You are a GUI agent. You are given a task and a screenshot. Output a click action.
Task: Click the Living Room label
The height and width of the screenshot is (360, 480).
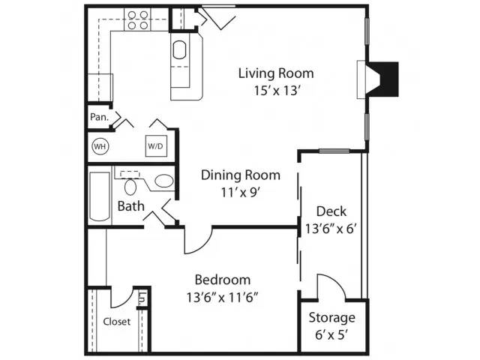click(276, 73)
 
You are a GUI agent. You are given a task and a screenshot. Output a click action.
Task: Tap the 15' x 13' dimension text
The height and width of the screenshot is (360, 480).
click(276, 91)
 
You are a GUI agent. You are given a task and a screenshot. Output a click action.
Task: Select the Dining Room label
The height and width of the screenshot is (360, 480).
click(241, 175)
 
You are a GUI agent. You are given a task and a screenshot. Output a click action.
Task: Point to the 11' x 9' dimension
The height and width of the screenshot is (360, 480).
click(241, 193)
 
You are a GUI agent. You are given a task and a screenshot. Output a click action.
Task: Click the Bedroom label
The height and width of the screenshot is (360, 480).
click(223, 280)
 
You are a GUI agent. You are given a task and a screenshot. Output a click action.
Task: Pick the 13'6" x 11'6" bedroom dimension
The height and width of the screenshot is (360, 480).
click(223, 297)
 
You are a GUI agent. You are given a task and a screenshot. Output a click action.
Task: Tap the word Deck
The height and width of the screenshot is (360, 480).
click(331, 211)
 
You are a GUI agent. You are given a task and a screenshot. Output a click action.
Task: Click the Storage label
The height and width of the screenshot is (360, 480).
click(331, 318)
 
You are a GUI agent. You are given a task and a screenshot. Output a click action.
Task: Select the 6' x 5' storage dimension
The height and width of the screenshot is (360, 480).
click(331, 335)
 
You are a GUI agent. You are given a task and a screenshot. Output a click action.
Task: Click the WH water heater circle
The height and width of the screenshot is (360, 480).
click(100, 146)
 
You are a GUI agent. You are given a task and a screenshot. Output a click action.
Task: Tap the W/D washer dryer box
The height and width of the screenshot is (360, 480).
click(156, 146)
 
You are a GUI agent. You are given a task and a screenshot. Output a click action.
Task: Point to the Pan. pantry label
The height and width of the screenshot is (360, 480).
click(99, 117)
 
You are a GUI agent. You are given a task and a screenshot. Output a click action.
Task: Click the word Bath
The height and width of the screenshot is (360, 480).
click(130, 206)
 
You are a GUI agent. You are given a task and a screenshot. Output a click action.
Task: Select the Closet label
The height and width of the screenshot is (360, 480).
click(117, 322)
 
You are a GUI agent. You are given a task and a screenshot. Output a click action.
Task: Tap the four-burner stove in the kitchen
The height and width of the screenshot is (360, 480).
click(137, 19)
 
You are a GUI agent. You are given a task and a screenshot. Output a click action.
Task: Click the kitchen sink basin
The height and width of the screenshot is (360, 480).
click(179, 50)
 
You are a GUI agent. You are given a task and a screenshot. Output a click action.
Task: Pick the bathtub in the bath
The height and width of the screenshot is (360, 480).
click(100, 196)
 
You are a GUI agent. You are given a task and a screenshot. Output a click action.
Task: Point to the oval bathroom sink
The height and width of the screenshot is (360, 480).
click(164, 181)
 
